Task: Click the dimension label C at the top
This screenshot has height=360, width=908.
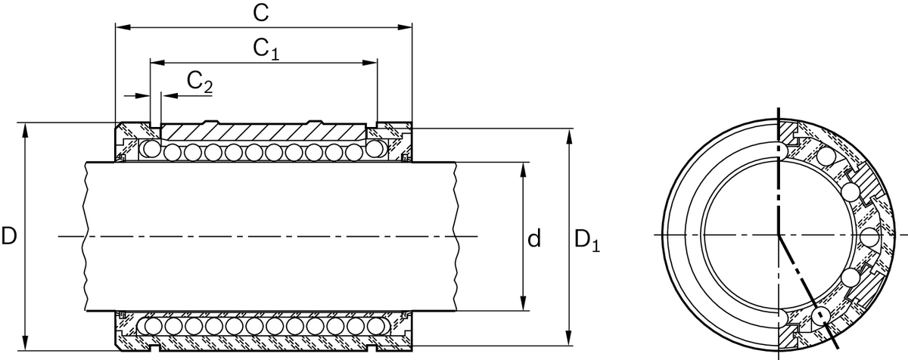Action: click(263, 13)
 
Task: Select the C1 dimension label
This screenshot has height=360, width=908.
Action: click(266, 49)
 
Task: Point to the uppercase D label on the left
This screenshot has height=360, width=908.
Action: click(9, 237)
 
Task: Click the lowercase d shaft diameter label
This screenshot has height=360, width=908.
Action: click(534, 240)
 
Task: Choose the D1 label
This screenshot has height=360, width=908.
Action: click(587, 240)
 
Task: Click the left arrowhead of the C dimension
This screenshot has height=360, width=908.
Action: click(121, 28)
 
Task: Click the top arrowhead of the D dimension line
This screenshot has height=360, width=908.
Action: click(26, 129)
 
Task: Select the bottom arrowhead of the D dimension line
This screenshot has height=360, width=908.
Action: click(26, 345)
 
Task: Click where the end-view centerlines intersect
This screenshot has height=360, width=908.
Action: click(779, 236)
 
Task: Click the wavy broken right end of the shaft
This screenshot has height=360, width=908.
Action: click(456, 237)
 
